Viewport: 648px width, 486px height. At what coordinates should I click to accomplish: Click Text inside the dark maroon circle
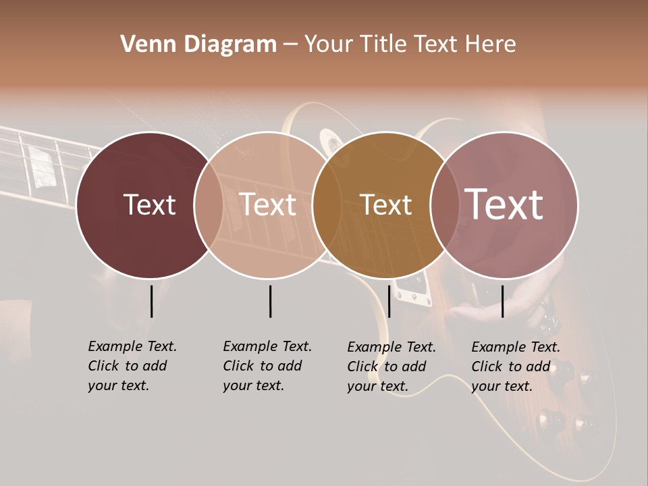[x=149, y=205]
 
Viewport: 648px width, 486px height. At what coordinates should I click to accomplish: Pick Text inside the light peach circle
[x=268, y=205]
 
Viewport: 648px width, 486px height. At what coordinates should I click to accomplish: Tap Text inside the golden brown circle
[x=385, y=205]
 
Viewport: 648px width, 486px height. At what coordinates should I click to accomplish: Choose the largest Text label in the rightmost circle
[x=504, y=205]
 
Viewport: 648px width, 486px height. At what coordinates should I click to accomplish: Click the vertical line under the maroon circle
[x=151, y=301]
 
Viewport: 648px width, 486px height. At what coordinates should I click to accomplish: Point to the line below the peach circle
[x=270, y=301]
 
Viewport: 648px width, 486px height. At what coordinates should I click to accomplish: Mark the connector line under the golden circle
[x=389, y=301]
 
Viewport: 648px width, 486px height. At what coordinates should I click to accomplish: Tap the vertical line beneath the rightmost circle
[x=503, y=301]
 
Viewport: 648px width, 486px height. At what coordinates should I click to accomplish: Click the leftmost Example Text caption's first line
[x=132, y=346]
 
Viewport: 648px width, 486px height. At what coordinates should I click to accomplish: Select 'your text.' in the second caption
[x=253, y=385]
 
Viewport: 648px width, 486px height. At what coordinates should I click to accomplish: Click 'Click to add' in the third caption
[x=387, y=367]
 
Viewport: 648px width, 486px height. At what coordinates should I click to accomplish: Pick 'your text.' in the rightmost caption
[x=502, y=386]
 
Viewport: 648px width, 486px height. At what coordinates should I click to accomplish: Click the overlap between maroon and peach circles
[x=209, y=205]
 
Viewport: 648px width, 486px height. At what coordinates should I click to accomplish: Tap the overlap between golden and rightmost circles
[x=441, y=205]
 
